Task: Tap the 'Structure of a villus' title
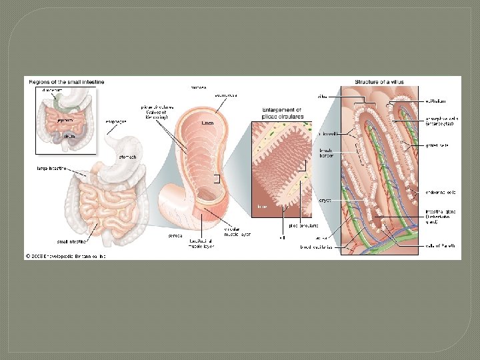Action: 379,81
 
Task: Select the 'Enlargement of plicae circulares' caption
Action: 281,113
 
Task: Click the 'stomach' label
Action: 128,157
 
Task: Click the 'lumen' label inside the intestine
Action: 207,123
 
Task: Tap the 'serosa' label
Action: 176,235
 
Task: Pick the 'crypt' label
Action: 325,199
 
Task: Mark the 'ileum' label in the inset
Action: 69,135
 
